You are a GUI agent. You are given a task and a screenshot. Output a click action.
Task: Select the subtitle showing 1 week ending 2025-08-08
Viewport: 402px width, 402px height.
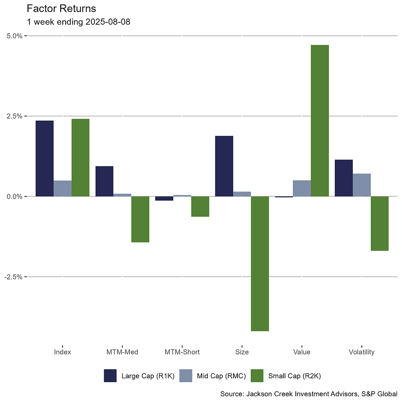click(78, 22)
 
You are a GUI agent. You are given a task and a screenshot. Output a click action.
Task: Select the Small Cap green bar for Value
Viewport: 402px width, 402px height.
click(320, 121)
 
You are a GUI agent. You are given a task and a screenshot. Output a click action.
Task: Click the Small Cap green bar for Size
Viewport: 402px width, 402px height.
click(260, 263)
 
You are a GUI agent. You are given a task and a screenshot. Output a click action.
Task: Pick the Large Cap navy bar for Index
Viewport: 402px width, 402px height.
click(44, 158)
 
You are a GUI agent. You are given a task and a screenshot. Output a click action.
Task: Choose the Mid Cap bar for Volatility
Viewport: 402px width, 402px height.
click(362, 185)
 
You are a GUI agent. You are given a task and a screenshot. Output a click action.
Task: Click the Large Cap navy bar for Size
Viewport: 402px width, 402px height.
click(224, 166)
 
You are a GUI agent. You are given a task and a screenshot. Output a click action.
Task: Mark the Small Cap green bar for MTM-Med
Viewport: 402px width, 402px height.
click(140, 219)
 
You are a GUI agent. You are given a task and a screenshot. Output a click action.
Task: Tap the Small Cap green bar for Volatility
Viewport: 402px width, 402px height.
click(380, 223)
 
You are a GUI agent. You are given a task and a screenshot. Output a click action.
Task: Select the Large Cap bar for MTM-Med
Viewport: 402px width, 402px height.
click(104, 181)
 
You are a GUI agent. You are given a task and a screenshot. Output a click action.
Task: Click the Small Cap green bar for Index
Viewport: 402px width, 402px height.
click(80, 158)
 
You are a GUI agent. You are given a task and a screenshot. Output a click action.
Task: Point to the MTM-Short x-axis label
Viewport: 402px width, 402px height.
click(182, 352)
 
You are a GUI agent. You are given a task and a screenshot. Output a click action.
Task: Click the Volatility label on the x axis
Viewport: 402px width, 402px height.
click(361, 352)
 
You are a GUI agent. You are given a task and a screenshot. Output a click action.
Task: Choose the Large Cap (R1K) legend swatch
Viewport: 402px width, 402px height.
click(110, 376)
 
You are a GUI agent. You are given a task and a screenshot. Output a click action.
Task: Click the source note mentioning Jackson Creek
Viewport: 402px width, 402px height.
click(310, 394)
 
